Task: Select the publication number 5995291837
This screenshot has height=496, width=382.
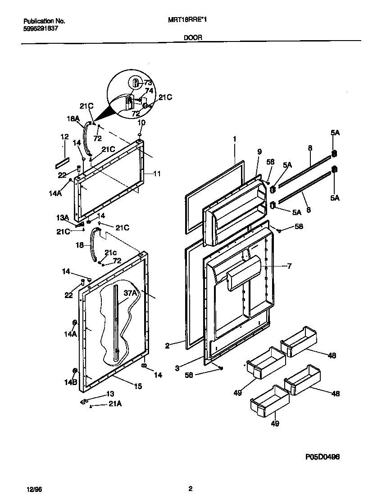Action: click(40, 28)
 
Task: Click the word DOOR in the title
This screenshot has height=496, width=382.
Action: click(192, 38)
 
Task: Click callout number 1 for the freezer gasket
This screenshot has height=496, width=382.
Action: click(234, 139)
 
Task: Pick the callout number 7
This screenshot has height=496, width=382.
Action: click(289, 266)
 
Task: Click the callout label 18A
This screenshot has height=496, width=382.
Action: click(73, 119)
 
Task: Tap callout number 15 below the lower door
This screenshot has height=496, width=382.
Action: click(138, 386)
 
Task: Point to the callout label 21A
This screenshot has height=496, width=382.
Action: click(115, 404)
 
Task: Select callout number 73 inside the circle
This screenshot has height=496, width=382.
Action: click(148, 83)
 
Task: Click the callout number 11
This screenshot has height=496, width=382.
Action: click(157, 173)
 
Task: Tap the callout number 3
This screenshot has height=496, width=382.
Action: click(177, 368)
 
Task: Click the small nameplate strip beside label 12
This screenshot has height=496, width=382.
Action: click(63, 159)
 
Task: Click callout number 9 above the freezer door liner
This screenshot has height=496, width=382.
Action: click(259, 152)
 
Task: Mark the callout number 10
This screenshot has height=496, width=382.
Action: click(141, 123)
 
